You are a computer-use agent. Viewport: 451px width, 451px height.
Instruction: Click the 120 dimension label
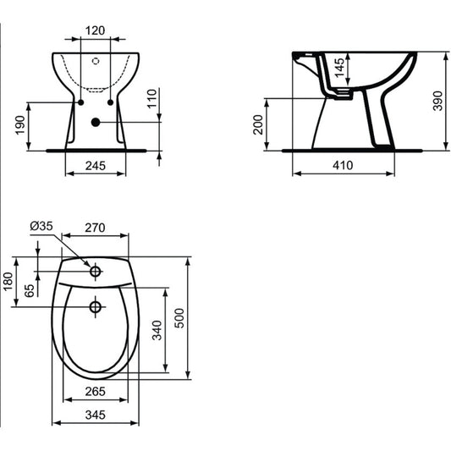96,30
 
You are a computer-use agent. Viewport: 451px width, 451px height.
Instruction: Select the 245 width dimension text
96,166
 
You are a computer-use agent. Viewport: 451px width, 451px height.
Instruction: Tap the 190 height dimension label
20,125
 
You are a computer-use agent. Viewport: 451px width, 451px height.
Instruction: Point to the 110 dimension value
152,99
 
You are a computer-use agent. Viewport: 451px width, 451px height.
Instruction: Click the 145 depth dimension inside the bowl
339,68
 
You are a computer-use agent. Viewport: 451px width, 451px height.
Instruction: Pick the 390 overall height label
437,101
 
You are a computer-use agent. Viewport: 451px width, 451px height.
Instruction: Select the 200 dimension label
258,124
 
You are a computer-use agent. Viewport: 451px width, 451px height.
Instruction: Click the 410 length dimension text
343,165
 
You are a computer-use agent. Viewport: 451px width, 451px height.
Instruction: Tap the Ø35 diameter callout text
41,226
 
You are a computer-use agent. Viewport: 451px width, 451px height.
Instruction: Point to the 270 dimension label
95,228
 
